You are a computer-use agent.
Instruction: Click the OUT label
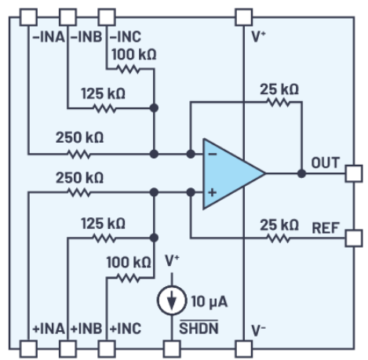click(x=325, y=162)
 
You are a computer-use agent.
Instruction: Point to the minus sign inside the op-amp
click(x=212, y=155)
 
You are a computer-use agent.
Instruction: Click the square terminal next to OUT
click(x=353, y=173)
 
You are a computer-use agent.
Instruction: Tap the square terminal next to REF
click(x=353, y=236)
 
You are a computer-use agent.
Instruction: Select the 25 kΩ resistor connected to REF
click(x=279, y=236)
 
